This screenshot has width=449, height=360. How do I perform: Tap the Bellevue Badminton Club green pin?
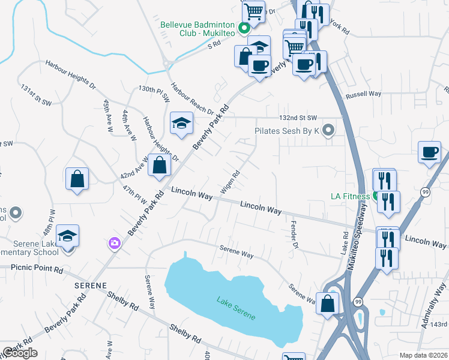point(244,28)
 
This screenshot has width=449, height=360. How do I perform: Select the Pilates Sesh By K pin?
point(328,130)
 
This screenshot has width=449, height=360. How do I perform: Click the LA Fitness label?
point(351,196)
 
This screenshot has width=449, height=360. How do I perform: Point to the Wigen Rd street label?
point(230,182)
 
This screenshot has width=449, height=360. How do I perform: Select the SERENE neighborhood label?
point(91,285)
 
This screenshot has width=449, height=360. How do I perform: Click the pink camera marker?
point(114,244)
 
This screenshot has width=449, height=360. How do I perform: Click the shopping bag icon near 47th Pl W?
point(77,179)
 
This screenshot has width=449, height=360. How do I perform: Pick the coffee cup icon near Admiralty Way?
point(430,152)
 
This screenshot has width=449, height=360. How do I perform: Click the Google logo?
point(20,353)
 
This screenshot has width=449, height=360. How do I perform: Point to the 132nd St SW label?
point(298,118)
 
